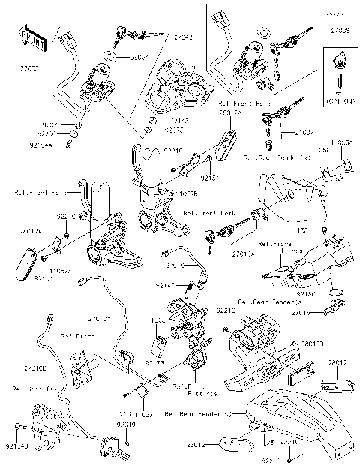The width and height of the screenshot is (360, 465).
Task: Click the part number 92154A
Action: tap(40, 145)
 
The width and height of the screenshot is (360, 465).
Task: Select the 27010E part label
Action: tap(34, 369)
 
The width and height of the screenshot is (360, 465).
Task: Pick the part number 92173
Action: tap(154, 361)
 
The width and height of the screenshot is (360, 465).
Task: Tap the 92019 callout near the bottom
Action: tap(125, 424)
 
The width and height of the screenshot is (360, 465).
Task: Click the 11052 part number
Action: tap(157, 320)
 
